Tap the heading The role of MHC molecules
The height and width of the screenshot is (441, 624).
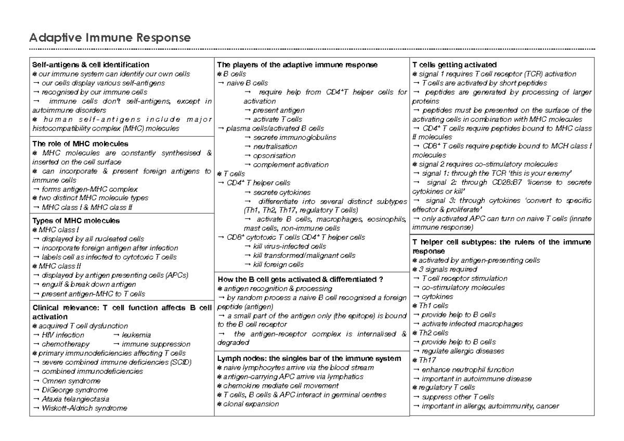coord(73,144)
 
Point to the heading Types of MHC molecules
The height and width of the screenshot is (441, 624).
coord(76,220)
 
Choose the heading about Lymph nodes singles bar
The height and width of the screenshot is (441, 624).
coord(309,359)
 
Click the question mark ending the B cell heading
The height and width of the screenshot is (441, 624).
coord(381,279)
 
